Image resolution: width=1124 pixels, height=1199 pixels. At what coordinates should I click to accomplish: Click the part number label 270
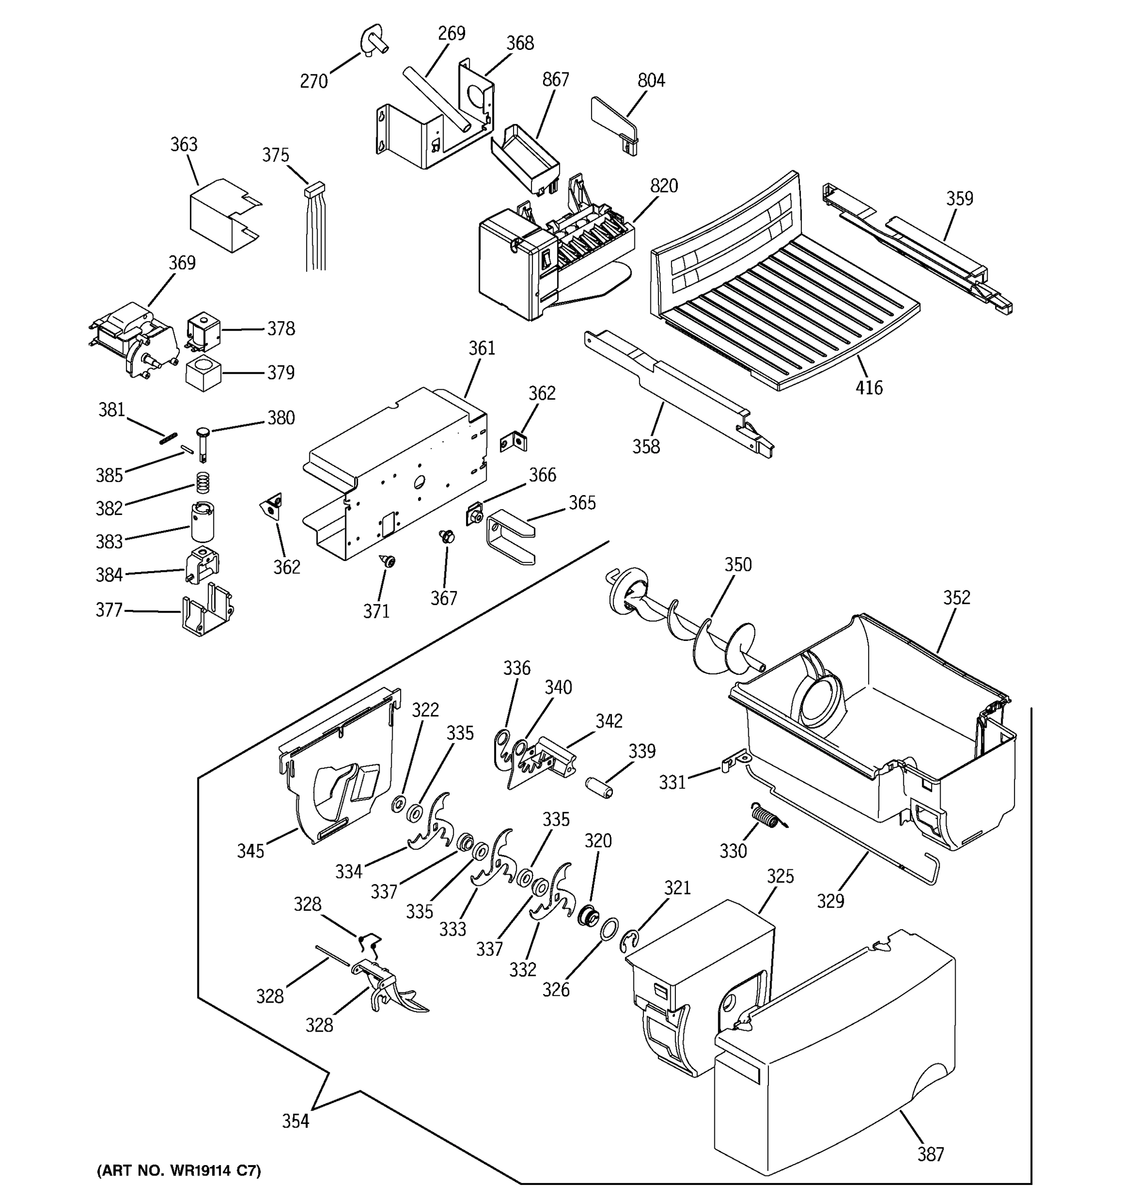point(314,81)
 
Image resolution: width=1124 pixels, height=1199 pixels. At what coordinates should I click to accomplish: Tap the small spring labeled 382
point(204,483)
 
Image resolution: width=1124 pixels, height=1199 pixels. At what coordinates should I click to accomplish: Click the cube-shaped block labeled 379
point(203,374)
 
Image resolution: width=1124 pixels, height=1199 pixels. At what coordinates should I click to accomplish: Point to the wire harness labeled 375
point(315,229)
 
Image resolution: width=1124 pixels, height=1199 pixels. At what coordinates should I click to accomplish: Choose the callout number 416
point(868,387)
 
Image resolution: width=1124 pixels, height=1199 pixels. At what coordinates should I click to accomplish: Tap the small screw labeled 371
point(389,562)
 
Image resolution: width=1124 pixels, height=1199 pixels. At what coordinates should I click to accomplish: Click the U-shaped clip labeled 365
point(510,536)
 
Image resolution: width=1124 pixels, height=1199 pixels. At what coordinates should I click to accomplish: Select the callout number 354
point(295,1121)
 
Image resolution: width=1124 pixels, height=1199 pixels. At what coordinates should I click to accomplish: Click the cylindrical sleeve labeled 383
point(203,522)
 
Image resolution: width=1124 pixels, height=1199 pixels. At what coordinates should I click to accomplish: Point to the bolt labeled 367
point(447,536)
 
